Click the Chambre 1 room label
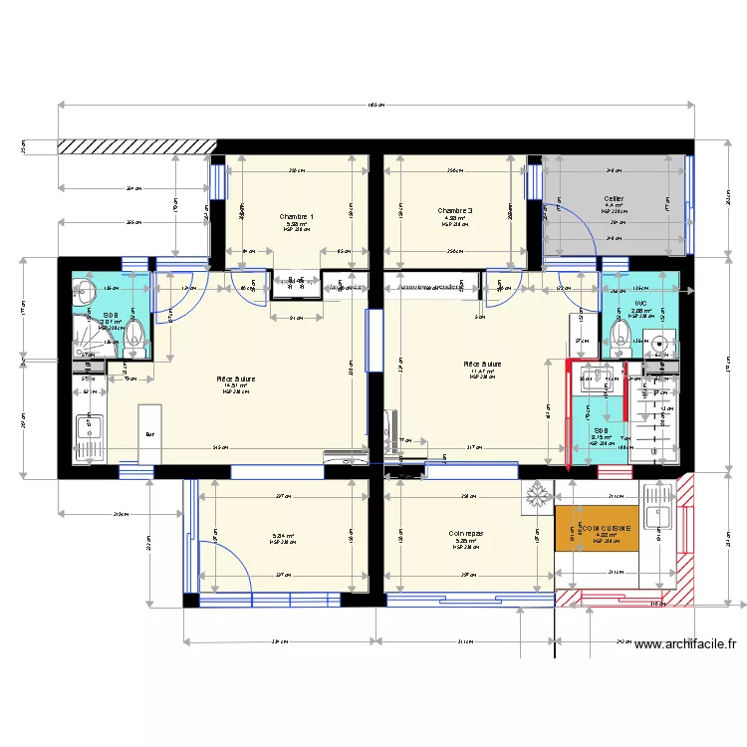tap(297, 217)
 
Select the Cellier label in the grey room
tap(614, 199)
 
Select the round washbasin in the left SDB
tap(85, 293)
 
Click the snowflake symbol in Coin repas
tap(537, 497)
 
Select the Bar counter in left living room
tap(149, 434)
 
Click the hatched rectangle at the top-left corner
tap(134, 146)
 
